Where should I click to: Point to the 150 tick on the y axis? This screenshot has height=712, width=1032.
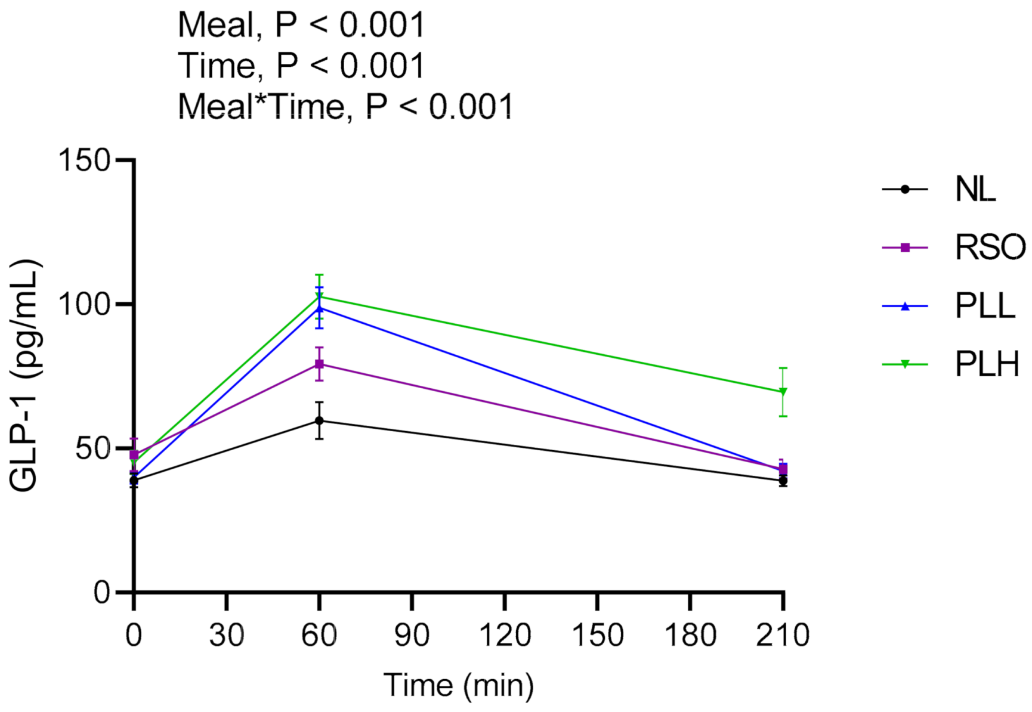[85, 160]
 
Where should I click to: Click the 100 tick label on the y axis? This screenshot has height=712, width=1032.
[85, 305]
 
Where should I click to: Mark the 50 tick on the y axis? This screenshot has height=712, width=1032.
[93, 449]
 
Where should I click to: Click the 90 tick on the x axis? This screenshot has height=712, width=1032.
[412, 635]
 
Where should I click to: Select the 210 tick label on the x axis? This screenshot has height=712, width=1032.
[782, 635]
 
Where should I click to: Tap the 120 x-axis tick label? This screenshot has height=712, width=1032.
[505, 635]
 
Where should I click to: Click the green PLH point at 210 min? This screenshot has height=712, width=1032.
[783, 392]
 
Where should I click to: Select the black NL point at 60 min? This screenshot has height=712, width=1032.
[319, 420]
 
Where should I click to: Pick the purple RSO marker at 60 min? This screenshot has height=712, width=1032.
[319, 364]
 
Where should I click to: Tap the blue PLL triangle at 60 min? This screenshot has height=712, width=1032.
[319, 308]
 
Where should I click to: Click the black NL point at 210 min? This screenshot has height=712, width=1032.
[783, 480]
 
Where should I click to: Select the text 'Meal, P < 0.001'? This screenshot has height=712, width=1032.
[301, 25]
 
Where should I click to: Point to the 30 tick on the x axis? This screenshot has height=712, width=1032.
[226, 635]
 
